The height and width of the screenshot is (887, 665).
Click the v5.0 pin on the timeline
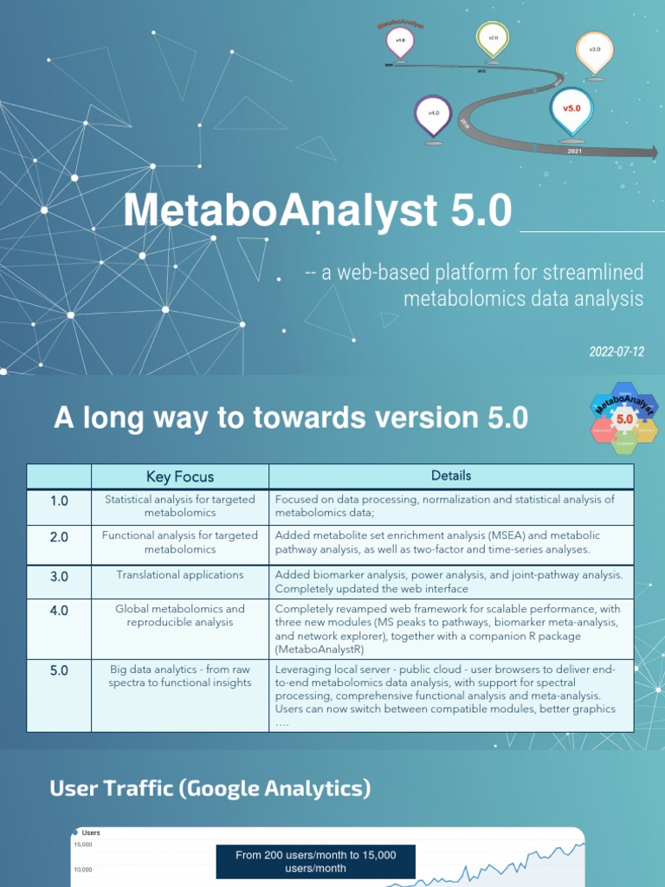pos(571,110)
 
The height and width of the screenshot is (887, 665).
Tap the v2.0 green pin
pos(493,39)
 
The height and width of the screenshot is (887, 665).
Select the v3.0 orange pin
pos(594,50)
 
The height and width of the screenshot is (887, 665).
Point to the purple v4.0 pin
pos(434,113)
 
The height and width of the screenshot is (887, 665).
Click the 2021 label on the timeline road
pos(574,151)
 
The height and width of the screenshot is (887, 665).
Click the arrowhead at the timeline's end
pos(650,152)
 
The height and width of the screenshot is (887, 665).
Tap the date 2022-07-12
pos(617,352)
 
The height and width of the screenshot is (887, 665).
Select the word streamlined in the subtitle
pos(593,273)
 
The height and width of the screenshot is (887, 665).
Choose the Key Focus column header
pos(180,476)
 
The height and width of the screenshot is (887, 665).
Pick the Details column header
pos(451,476)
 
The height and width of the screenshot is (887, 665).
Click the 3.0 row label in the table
pos(59,575)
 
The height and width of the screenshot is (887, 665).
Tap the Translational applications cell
pos(180,575)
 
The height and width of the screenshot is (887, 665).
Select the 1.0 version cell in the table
pos(59,500)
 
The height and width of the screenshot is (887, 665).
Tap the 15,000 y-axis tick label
pos(84,845)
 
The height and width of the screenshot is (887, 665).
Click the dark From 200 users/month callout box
pos(315,861)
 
